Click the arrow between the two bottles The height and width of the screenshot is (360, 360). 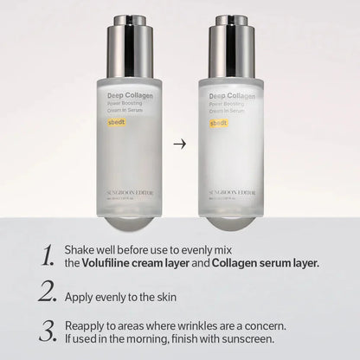click(179, 144)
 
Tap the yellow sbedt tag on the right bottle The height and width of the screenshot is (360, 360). click(219, 123)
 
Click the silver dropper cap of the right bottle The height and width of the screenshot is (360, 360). click(231, 42)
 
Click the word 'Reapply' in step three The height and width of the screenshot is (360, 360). click(86, 327)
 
